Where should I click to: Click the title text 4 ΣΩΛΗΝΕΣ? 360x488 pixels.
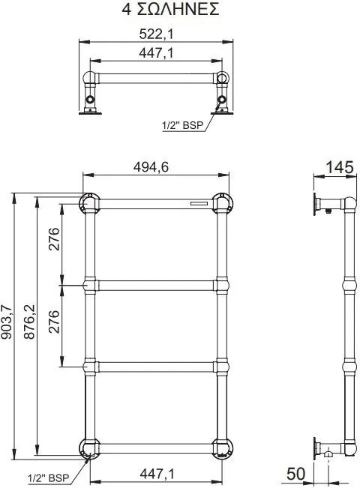(170, 9)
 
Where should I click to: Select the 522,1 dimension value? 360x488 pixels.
(156, 34)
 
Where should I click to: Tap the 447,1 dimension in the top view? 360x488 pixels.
(156, 53)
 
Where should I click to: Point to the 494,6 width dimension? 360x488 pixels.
(151, 167)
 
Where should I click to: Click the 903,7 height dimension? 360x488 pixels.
(7, 322)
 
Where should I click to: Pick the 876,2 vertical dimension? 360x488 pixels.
(30, 322)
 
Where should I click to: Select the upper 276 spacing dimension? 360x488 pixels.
(53, 240)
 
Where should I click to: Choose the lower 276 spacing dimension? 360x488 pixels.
(53, 322)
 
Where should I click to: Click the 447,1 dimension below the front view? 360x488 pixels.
(157, 474)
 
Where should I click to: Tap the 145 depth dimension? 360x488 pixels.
(340, 168)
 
